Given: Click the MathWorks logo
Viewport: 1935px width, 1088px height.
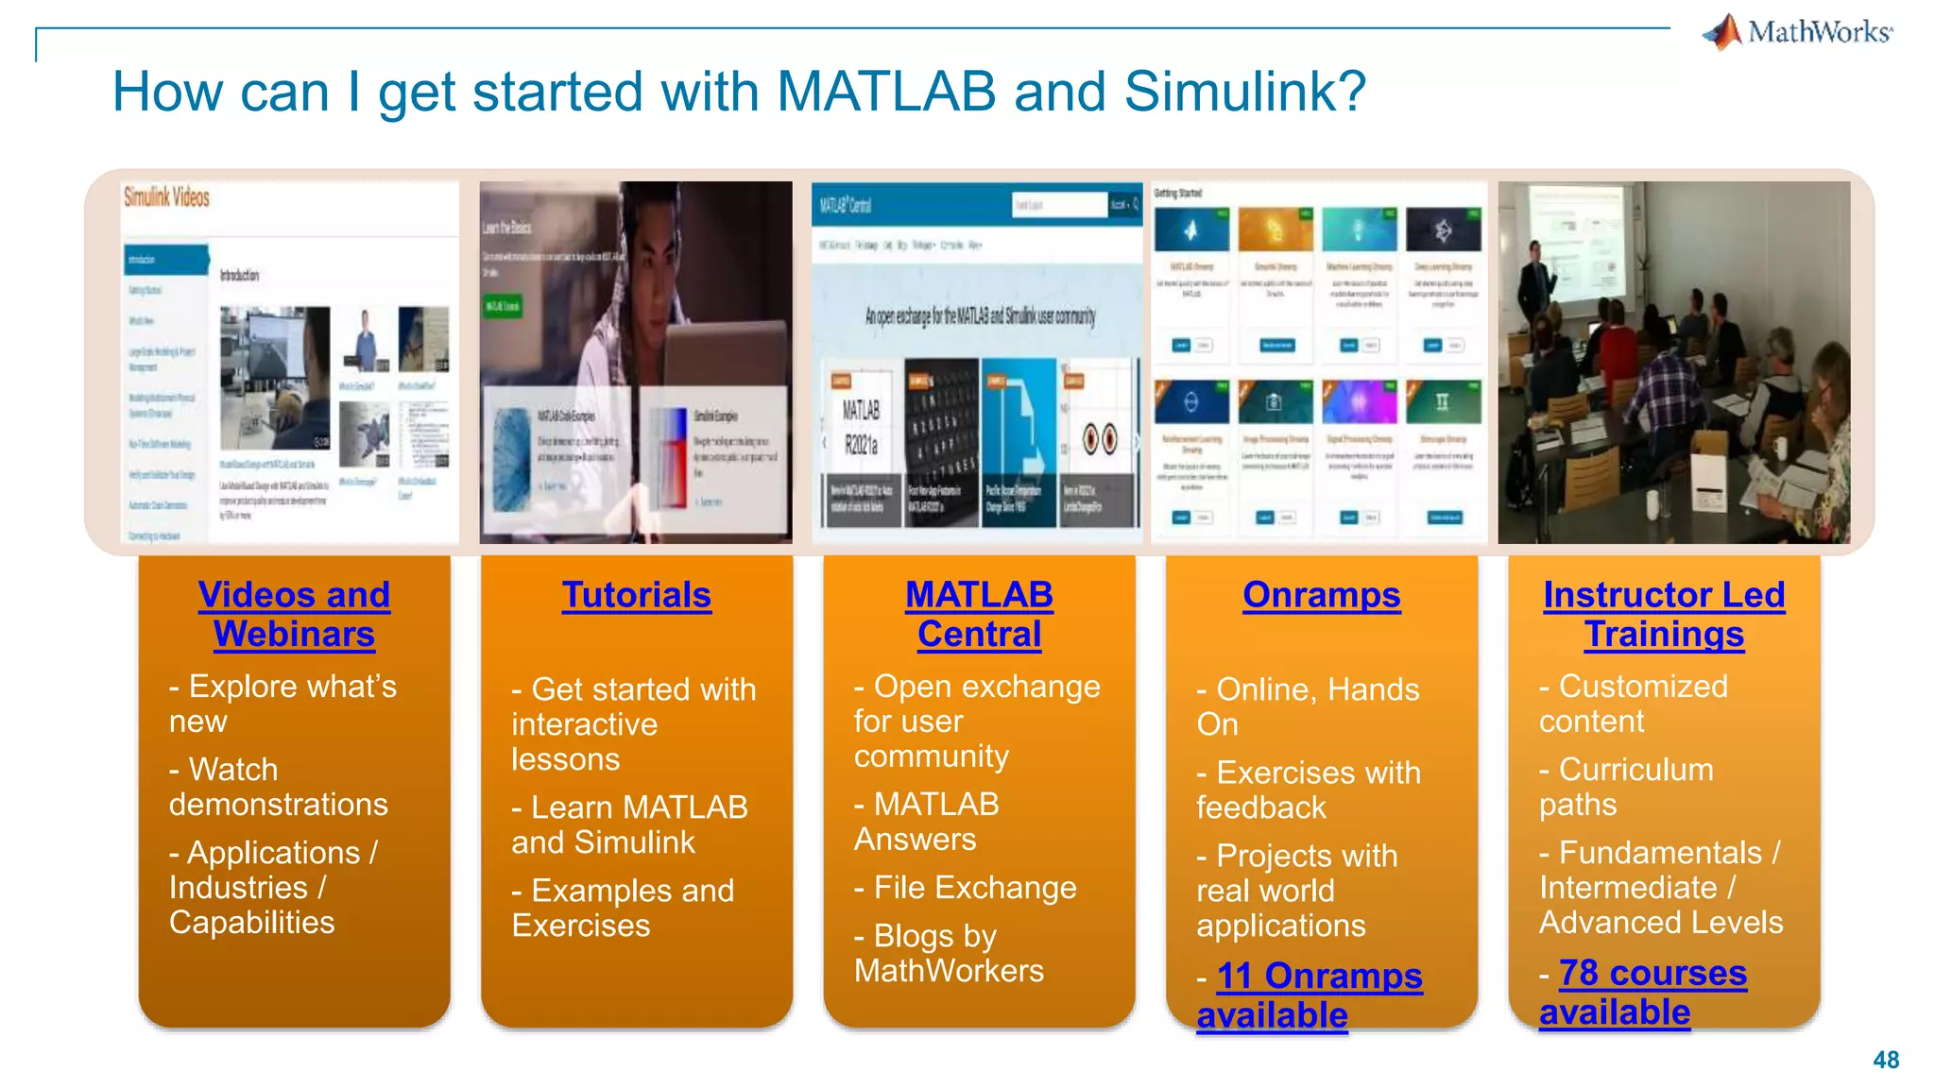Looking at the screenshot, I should tap(1798, 32).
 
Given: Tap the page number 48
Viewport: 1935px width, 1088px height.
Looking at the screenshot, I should tap(1886, 1060).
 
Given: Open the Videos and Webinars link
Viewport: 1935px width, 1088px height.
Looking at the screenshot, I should tap(294, 614).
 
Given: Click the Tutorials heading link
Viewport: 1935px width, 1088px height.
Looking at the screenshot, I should tap(637, 595).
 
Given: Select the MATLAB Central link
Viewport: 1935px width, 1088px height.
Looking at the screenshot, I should tap(979, 614).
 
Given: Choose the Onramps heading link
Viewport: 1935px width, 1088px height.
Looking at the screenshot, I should tap(1321, 595).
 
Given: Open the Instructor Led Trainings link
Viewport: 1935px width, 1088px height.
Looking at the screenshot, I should tap(1664, 614).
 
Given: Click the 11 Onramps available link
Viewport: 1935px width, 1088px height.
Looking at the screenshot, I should tap(1310, 995).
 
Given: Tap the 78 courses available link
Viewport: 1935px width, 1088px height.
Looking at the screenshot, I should tap(1644, 993).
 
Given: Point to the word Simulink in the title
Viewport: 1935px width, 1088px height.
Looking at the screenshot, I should tap(1244, 93).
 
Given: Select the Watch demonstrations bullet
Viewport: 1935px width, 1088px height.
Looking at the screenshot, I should tap(278, 787).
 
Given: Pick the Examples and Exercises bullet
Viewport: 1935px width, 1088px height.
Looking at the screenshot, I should tap(624, 908).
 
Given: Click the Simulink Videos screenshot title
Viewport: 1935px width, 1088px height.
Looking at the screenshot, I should tap(167, 197).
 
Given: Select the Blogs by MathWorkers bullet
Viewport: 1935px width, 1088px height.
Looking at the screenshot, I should tap(949, 953).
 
